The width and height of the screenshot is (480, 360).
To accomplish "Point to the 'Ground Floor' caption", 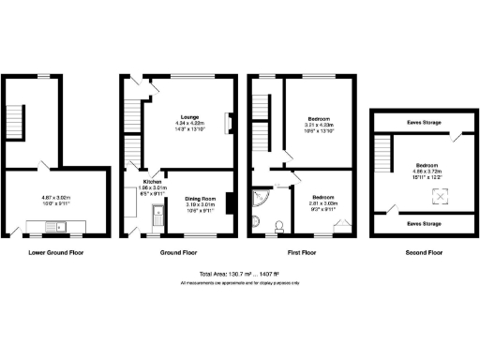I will [x=178, y=252].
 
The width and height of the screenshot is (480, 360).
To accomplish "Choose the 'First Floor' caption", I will [x=302, y=252].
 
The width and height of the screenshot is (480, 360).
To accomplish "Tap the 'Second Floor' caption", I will [x=427, y=252].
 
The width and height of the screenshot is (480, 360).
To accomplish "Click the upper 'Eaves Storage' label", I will [x=426, y=122].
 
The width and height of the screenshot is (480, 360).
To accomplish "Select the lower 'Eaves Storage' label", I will [x=426, y=224].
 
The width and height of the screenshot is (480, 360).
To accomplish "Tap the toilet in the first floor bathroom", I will [x=280, y=225].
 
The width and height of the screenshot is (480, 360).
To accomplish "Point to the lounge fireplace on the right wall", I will [x=228, y=124].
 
